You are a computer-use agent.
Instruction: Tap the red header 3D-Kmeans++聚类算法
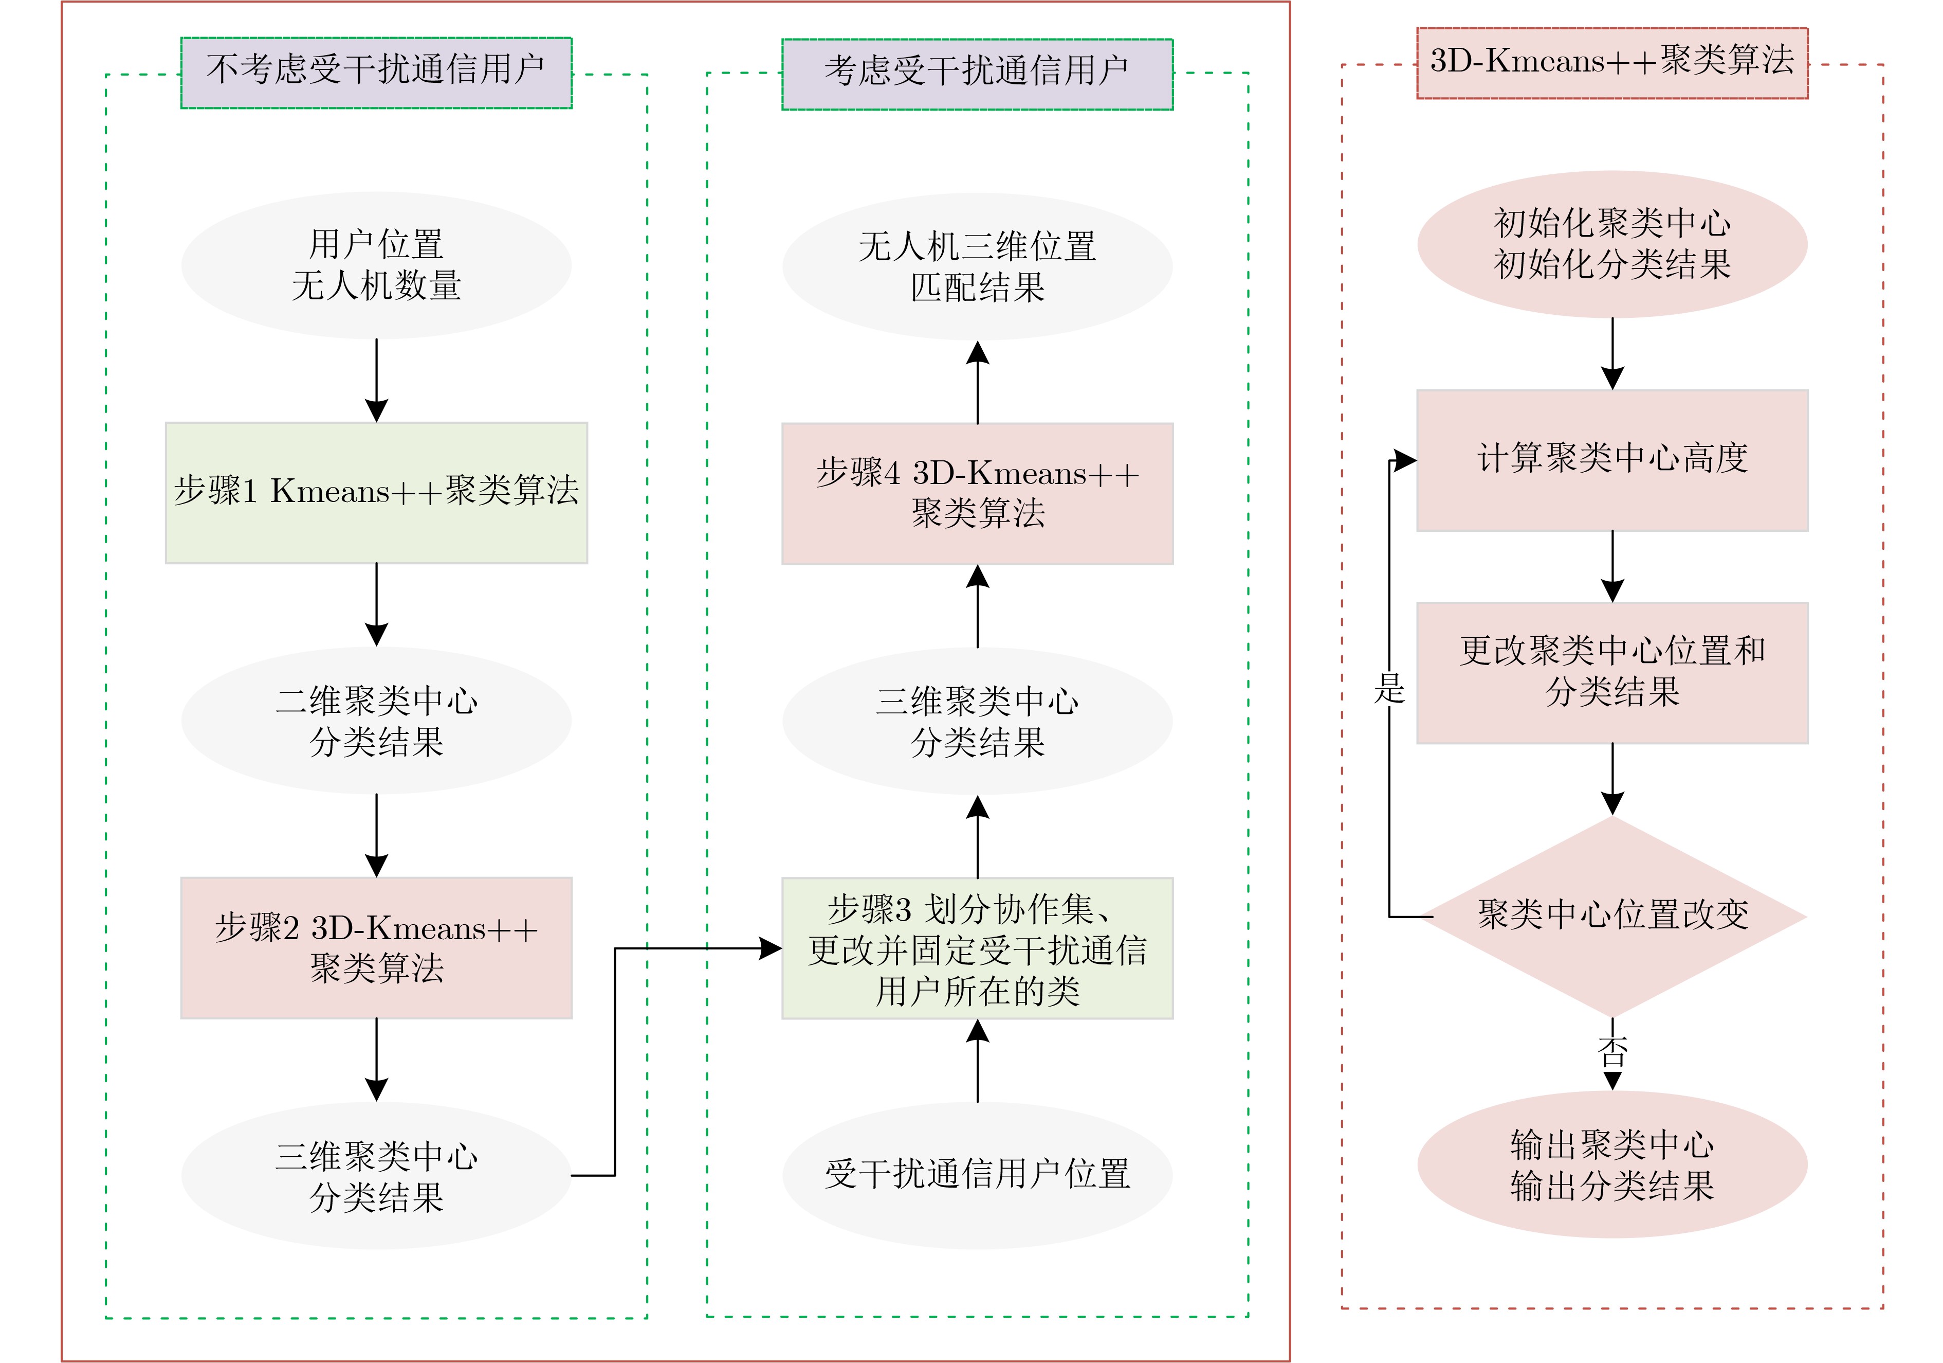click(x=1611, y=63)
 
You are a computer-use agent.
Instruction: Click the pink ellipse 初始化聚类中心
click(x=1611, y=244)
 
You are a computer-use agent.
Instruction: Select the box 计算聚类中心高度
click(x=1611, y=460)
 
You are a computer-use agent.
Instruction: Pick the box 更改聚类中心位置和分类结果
click(x=1611, y=672)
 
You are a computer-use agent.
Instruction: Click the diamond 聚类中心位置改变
click(x=1611, y=916)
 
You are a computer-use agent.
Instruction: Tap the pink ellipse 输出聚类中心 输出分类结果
click(x=1611, y=1165)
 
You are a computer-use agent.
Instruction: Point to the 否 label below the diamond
click(x=1612, y=1051)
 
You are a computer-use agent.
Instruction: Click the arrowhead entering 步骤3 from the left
click(x=770, y=948)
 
